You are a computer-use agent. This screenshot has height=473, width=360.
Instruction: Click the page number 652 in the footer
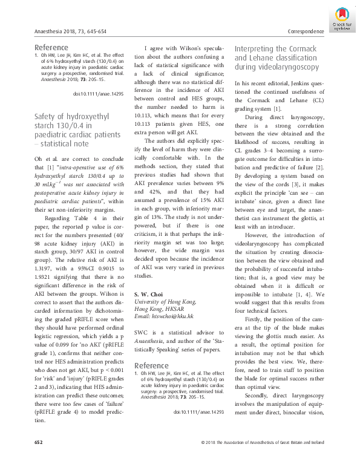point(38,460)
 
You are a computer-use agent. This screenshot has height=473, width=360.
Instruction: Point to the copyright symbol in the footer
point(202,460)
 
